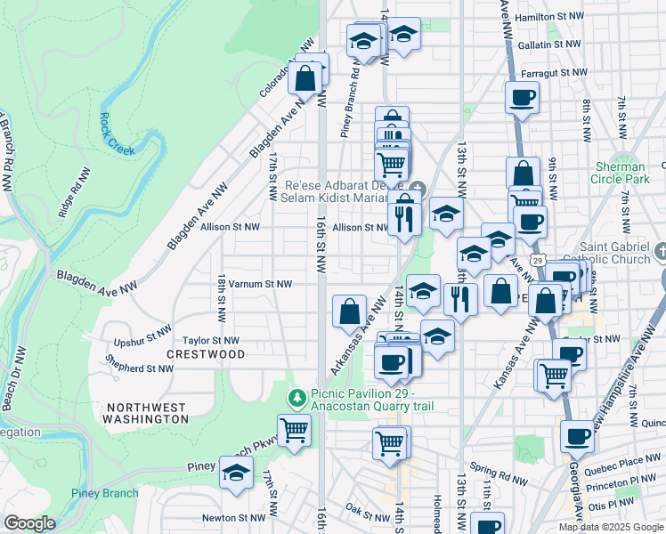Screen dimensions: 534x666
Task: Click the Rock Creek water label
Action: coord(118,133)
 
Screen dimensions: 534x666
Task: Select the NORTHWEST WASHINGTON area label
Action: coord(147,412)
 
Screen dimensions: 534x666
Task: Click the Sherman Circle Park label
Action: coord(621,173)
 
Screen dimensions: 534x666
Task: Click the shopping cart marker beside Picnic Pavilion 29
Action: coord(293,432)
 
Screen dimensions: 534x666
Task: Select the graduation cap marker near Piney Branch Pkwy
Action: coord(236,473)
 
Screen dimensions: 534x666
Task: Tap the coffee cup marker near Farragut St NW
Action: coord(522,97)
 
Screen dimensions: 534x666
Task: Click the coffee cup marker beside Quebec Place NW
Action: coord(578,437)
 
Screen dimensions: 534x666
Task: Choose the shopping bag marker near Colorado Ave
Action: coord(305,77)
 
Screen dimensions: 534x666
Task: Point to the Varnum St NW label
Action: coord(260,285)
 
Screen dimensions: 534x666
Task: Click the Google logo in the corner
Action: coord(30,523)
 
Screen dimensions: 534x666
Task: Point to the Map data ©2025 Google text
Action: coord(611,527)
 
